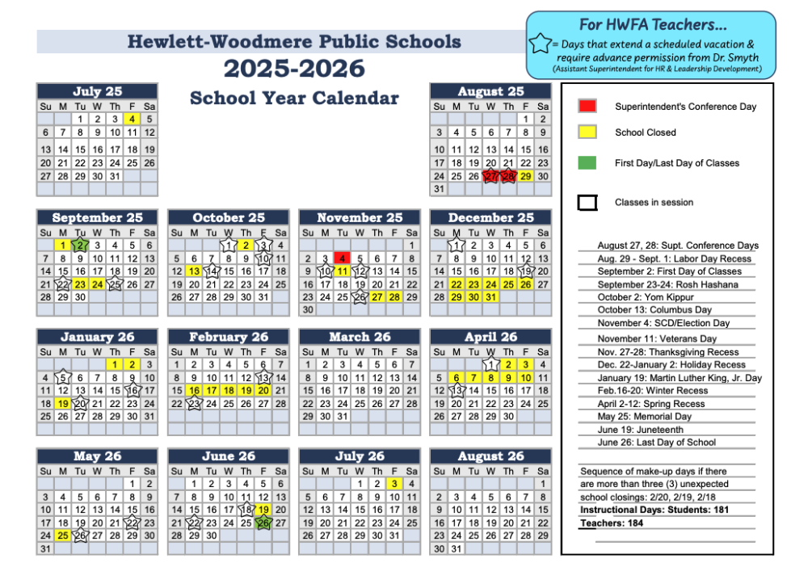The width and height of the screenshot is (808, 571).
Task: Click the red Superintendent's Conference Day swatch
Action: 587,106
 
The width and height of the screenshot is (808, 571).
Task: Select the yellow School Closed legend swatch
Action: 587,132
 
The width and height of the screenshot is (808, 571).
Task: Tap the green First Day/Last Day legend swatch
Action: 587,162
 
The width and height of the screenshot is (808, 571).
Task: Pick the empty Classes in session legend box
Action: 587,203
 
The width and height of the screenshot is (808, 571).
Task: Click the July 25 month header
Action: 97,91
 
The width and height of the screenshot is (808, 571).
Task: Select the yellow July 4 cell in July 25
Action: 133,119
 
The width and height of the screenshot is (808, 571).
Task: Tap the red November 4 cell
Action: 342,258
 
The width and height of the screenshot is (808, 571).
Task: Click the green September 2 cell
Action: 80,245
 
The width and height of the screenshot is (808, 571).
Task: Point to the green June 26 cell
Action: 263,523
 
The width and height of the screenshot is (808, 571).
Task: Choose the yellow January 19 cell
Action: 63,403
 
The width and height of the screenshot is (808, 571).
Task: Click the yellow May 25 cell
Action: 63,535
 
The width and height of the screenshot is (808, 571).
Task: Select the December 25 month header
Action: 490,217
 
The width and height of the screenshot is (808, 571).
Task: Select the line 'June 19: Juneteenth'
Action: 640,430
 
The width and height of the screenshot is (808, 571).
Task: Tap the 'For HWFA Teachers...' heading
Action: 650,25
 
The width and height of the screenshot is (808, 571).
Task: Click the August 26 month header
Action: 490,456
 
